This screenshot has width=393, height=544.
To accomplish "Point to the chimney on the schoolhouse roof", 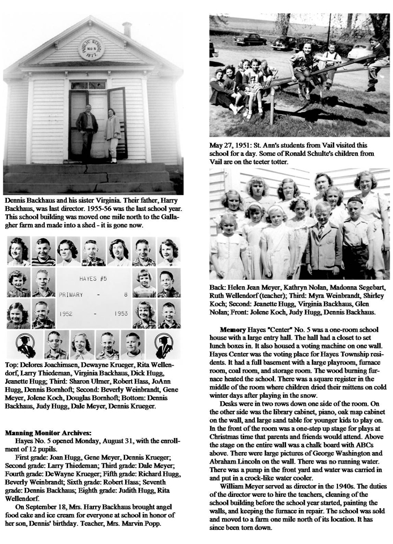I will [x=127, y=29].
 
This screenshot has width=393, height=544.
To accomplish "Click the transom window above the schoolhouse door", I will [x=88, y=84].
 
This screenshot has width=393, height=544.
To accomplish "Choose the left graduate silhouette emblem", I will [x=25, y=344].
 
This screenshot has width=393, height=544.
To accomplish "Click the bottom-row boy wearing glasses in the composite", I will [x=54, y=345].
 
